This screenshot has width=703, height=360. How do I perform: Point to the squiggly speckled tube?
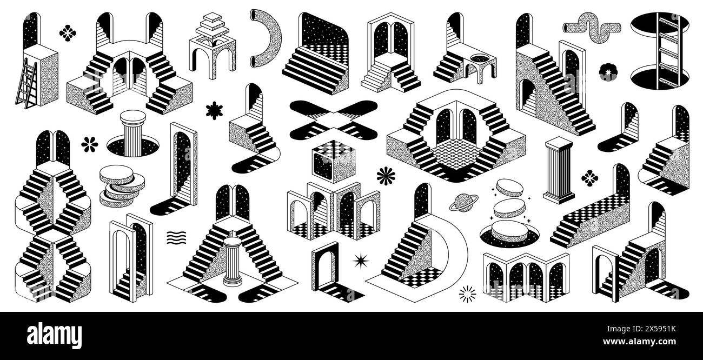(x=592, y=26)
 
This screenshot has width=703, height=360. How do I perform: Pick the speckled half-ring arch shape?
(x=267, y=41)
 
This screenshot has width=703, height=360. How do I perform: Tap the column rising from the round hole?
(x=132, y=130)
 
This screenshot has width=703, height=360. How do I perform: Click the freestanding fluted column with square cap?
(x=559, y=169)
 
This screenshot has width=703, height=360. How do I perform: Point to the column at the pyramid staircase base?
(x=233, y=259)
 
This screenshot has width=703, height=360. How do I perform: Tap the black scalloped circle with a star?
(x=607, y=72)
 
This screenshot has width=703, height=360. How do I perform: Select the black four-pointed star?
(x=360, y=261)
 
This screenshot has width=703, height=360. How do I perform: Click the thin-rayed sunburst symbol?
(x=467, y=294)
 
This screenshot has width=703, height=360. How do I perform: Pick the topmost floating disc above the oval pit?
(x=509, y=188)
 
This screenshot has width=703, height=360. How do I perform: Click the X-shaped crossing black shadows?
(x=333, y=119)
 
